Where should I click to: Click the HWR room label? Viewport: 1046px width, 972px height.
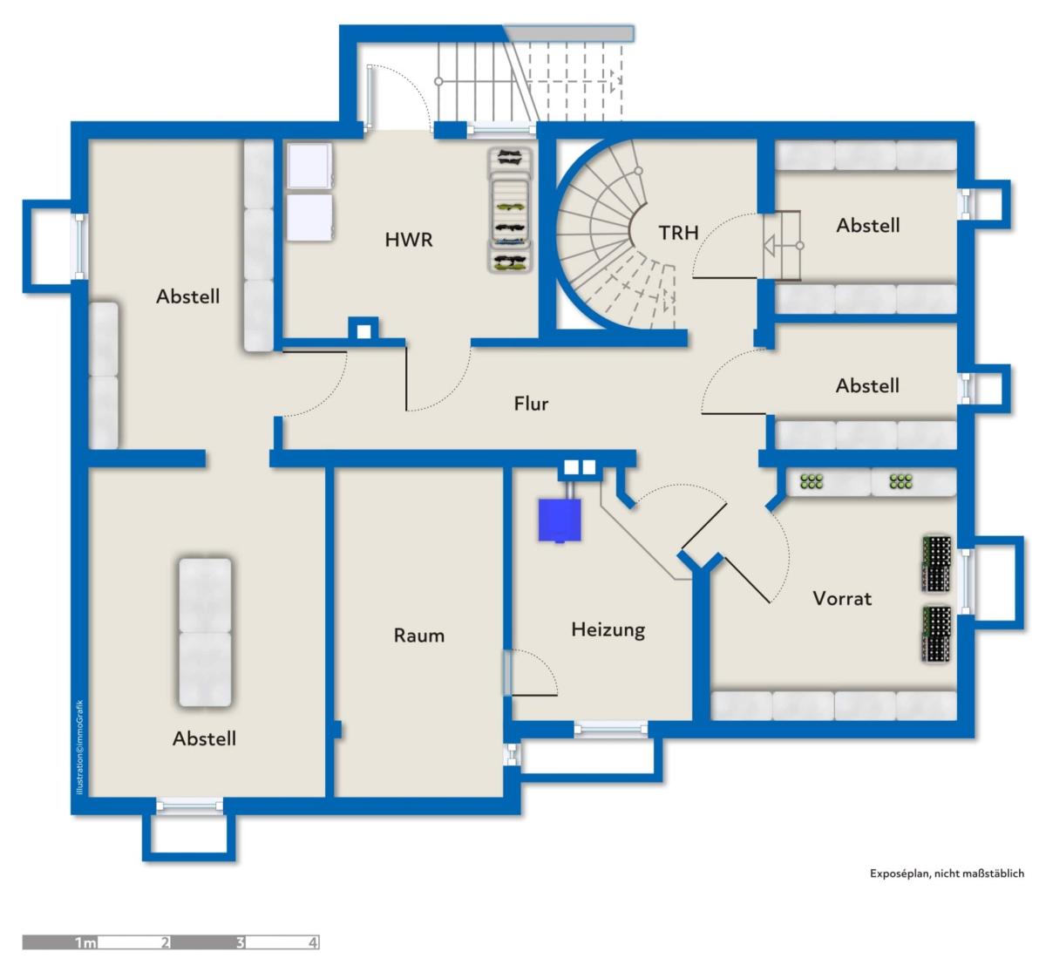[408, 240]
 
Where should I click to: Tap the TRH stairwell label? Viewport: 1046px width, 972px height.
[678, 233]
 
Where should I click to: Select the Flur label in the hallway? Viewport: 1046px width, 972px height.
[531, 404]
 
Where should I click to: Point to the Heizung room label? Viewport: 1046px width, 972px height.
[608, 630]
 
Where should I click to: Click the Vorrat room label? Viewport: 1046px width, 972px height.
[842, 599]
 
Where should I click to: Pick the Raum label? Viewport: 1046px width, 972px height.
[419, 636]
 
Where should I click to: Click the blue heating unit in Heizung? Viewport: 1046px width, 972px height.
[560, 520]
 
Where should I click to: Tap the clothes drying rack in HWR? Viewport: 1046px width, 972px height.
[509, 211]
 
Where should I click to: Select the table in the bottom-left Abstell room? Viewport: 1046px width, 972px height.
[205, 632]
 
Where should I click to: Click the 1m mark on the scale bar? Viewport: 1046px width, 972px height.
[85, 942]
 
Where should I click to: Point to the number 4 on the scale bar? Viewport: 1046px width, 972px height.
[313, 942]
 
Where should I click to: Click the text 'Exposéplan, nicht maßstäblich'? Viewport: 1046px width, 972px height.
[947, 873]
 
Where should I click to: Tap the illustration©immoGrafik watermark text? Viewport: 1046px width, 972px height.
[79, 747]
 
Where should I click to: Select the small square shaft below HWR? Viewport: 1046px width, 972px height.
[364, 332]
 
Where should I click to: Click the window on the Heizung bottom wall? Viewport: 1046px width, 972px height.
[611, 729]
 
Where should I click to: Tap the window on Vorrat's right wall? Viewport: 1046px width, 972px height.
[965, 581]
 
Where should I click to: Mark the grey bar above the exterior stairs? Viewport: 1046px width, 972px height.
[569, 33]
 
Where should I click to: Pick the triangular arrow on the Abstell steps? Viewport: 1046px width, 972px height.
[770, 246]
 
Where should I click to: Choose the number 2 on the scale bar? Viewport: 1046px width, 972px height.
[165, 942]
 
